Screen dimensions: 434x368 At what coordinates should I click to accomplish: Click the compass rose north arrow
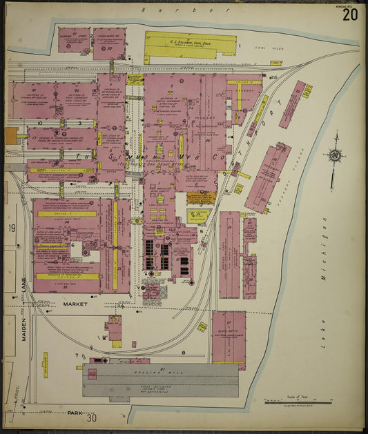[335, 157]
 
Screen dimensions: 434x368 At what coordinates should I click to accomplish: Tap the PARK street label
[75, 413]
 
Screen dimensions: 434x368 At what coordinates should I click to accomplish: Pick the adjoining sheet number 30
[93, 417]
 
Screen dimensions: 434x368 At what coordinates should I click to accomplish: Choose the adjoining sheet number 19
[12, 228]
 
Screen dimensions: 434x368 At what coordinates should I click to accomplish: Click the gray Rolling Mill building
[160, 380]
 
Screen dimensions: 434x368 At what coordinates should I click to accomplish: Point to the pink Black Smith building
[229, 336]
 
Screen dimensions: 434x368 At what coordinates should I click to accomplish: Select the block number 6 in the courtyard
[72, 244]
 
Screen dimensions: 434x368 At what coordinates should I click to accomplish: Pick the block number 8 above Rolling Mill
[183, 353]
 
